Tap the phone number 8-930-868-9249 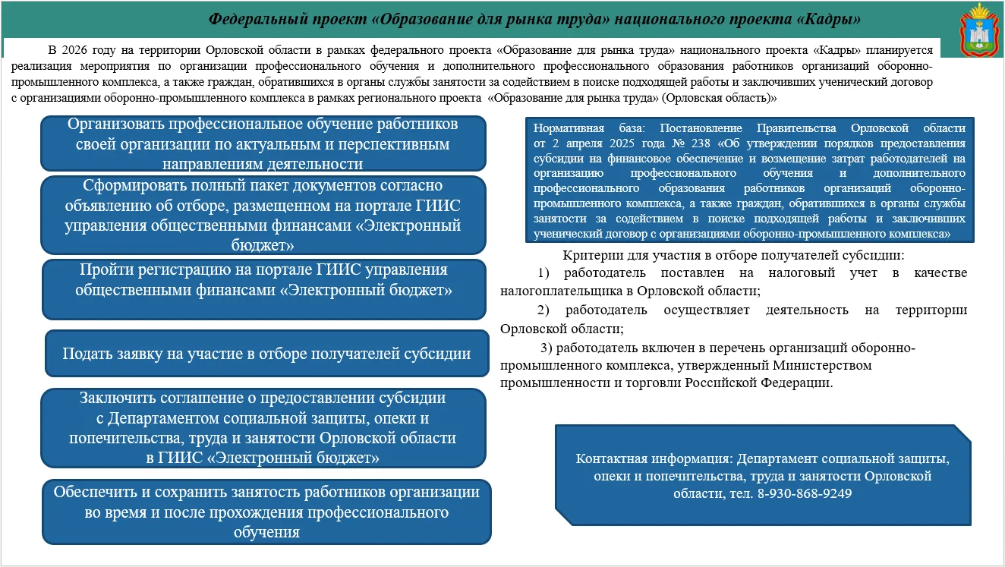pos(804,493)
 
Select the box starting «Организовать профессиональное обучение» pos(263,143)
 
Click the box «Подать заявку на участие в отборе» pos(266,354)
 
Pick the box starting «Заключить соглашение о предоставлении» pos(263,428)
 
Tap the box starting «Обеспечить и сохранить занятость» pos(266,512)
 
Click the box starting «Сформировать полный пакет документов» pos(263,215)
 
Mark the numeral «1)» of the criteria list pos(543,272)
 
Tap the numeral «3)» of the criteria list pos(547,348)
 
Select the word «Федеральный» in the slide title pos(250,18)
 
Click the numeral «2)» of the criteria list pos(543,310)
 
